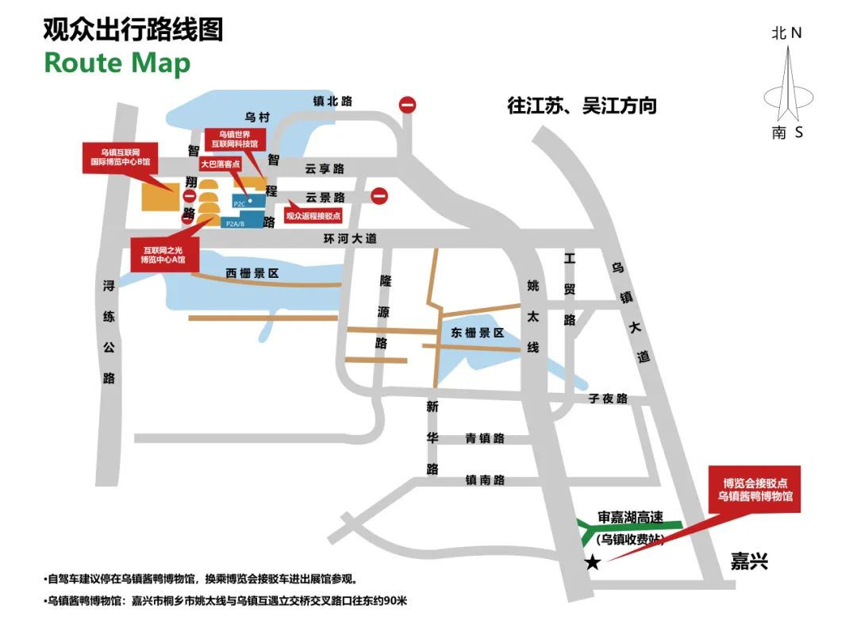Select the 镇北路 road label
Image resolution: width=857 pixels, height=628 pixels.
point(333,101)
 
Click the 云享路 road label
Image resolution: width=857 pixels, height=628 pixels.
point(325,169)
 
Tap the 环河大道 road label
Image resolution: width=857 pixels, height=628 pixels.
point(350,238)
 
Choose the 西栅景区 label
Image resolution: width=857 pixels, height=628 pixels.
point(252,273)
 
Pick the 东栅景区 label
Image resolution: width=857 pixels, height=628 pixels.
point(478,333)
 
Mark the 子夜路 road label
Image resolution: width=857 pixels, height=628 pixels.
point(608,399)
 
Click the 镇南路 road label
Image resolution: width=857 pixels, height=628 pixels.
point(486,480)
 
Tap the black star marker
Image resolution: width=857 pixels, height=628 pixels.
point(592,563)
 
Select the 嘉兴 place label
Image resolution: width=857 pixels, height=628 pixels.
point(749,562)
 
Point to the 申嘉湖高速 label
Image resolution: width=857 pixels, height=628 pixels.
point(630,517)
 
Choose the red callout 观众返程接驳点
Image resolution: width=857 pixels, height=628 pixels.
point(313,215)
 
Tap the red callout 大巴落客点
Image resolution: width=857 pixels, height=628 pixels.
point(221,164)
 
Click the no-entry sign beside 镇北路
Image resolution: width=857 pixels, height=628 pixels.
point(408,104)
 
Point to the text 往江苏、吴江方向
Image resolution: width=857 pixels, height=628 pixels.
point(582,106)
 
